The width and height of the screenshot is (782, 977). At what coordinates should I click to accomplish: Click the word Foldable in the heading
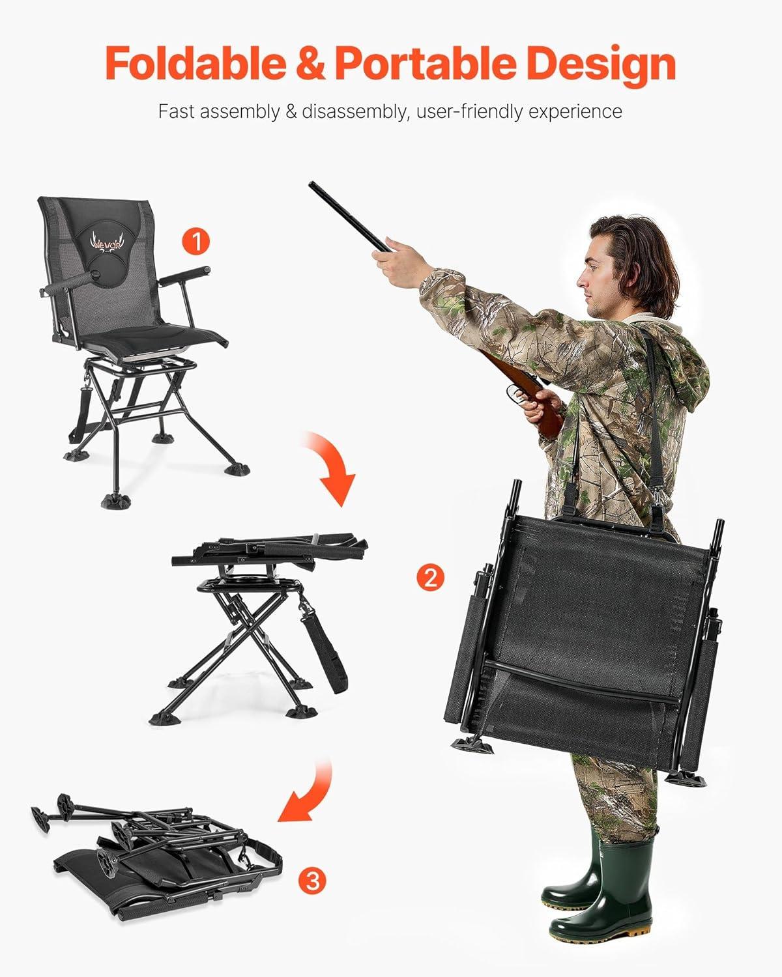pos(196,63)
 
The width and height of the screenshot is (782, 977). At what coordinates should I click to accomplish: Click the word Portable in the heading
pos(425,63)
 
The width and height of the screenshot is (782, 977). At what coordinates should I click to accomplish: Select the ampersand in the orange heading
pos(311,64)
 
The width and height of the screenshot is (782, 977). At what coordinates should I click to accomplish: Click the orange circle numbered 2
pos(430,578)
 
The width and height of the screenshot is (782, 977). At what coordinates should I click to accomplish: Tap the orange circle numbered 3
pos(312,881)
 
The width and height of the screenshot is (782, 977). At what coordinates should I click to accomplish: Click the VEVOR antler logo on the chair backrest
pos(106,243)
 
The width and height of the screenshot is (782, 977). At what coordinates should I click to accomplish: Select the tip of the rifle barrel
pos(311,184)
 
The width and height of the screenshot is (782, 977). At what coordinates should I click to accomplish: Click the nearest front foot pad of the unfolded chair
pos(116,501)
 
